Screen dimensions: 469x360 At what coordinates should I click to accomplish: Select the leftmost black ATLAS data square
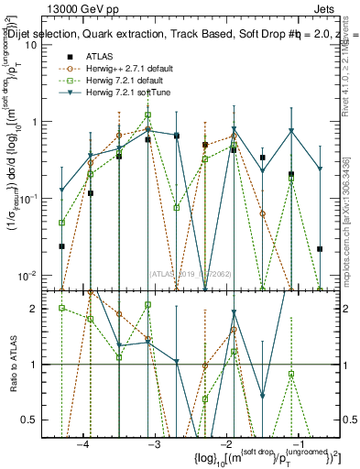click(61, 246)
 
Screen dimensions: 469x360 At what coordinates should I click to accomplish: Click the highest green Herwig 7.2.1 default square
click(147, 115)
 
